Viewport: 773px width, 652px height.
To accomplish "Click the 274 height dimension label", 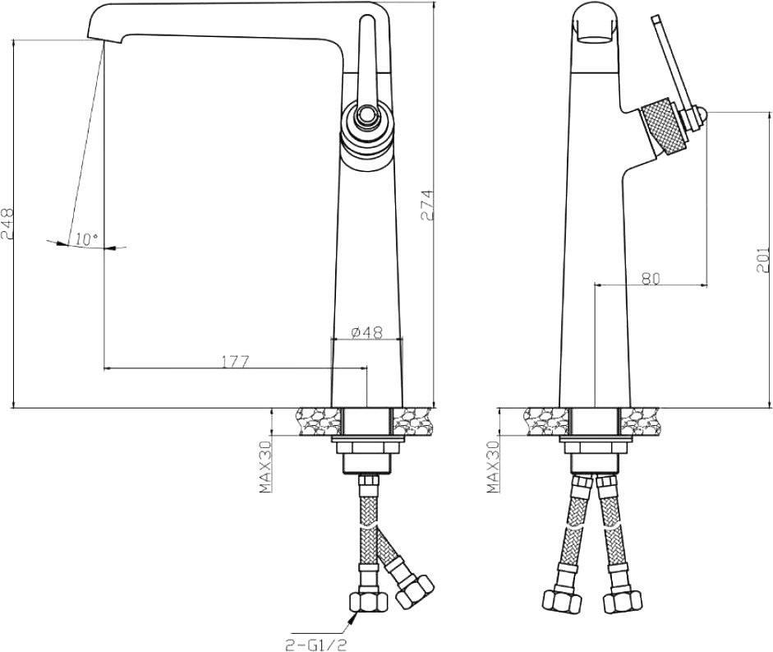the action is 427,205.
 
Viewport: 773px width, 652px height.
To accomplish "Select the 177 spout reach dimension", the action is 235,362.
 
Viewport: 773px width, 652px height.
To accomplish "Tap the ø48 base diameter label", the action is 366,332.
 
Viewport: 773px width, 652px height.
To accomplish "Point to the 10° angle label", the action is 87,239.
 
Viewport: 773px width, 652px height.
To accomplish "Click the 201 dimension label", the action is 762,260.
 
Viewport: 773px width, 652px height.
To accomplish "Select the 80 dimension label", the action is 651,279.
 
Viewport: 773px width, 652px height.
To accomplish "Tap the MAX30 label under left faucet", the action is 265,467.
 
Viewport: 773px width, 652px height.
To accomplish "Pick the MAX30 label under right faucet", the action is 493,467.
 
